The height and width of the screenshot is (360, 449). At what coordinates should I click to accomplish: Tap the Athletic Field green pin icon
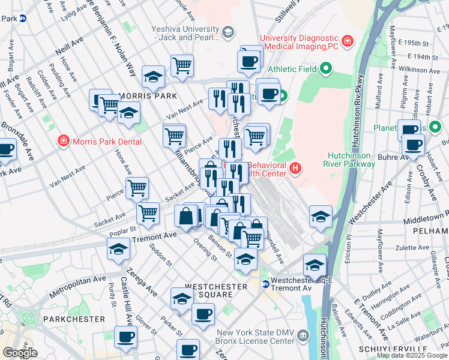[x=325, y=69]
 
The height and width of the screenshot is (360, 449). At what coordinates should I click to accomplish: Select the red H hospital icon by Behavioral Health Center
[x=295, y=168]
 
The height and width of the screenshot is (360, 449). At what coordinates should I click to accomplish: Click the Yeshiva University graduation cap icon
[x=228, y=31]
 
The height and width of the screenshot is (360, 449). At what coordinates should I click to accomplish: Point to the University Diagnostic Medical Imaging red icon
[x=348, y=41]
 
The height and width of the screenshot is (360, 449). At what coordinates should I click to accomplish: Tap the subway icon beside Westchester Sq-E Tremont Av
[x=265, y=283]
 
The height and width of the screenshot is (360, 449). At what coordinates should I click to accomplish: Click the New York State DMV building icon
[x=304, y=336]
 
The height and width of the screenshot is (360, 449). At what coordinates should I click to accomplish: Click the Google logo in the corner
[x=20, y=353]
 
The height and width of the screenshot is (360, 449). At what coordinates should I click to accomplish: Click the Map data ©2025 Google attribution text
[x=412, y=355]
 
